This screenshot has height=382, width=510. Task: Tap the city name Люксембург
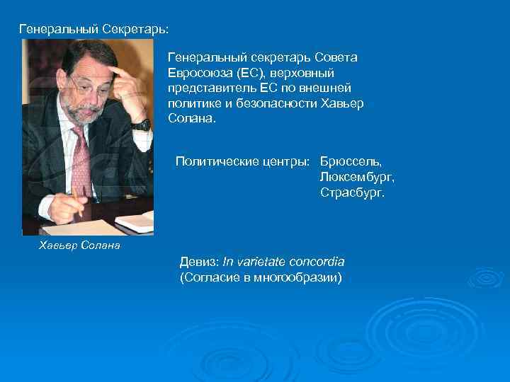tap(356, 177)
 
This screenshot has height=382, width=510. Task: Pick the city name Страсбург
tap(352, 192)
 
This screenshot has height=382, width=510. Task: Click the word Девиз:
tap(200, 262)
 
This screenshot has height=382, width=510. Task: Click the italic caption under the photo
tap(79, 245)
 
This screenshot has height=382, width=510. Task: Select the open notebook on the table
tap(135, 221)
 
